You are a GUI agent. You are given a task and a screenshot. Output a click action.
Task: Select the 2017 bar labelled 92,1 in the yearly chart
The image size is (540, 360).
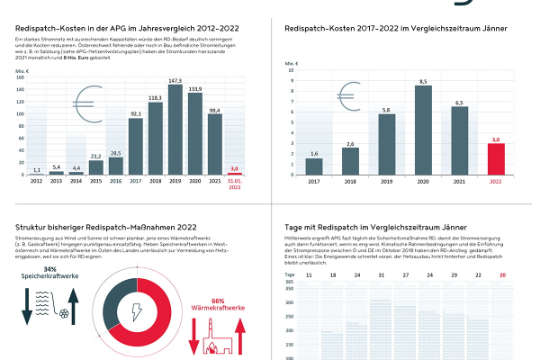[x=136, y=144]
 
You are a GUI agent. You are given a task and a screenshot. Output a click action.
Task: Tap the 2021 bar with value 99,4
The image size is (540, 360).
[x=215, y=142]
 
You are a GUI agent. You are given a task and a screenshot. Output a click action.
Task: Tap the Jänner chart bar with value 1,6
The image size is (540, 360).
[x=313, y=166]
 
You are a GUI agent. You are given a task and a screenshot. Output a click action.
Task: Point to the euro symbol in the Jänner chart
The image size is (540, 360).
[x=313, y=108]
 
